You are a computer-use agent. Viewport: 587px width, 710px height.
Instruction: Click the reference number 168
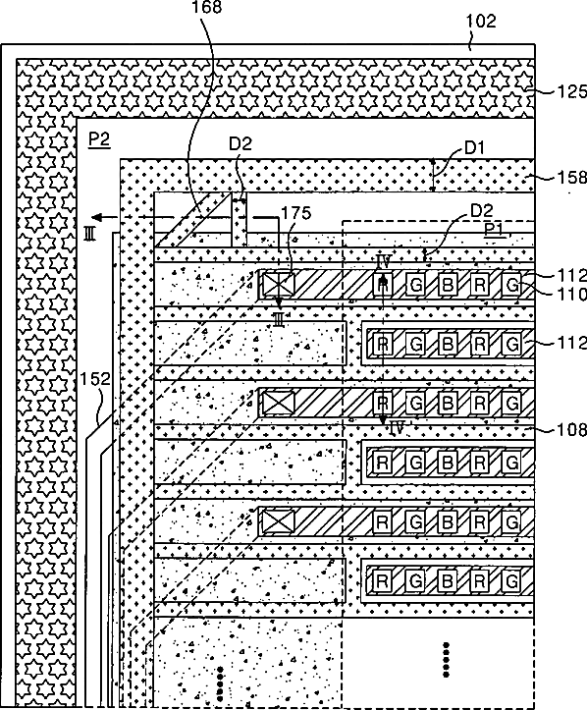click(x=207, y=7)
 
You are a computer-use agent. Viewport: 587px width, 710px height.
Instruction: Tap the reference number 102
click(x=481, y=21)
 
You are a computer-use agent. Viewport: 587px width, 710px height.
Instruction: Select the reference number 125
click(x=571, y=92)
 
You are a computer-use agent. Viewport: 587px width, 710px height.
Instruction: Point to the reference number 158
click(x=571, y=177)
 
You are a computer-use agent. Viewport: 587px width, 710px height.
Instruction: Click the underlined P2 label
click(x=99, y=139)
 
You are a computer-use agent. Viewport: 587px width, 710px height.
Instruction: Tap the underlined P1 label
click(x=495, y=230)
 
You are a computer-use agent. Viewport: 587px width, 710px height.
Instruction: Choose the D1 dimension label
click(x=474, y=147)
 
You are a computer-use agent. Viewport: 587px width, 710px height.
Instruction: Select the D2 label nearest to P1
click(x=482, y=210)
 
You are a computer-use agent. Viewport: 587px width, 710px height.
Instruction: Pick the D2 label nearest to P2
click(x=240, y=143)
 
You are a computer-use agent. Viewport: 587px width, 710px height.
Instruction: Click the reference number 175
click(x=296, y=213)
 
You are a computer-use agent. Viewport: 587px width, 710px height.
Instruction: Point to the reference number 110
click(x=571, y=295)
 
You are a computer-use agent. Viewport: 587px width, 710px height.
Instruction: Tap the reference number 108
click(x=571, y=429)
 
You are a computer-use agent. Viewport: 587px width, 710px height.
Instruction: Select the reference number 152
click(x=95, y=379)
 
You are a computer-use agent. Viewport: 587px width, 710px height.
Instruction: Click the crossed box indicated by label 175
click(x=279, y=285)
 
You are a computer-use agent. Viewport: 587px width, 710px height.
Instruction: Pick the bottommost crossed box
click(x=279, y=521)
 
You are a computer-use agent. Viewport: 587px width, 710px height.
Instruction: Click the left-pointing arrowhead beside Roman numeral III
click(x=97, y=217)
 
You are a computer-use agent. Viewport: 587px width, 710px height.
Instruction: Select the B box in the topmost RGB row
click(x=448, y=285)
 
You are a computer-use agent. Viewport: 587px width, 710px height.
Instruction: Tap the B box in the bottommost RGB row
click(x=448, y=580)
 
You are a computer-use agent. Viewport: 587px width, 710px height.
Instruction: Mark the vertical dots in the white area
click(x=447, y=659)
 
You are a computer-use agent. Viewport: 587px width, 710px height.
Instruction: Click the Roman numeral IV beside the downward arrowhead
click(x=397, y=427)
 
